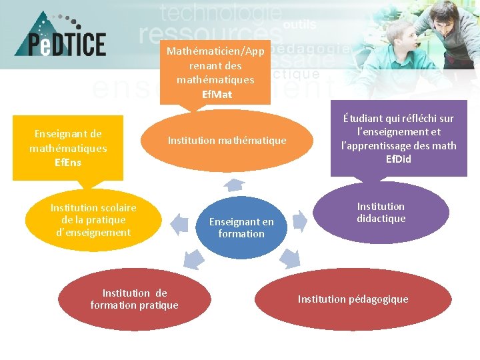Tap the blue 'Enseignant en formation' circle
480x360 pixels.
pyautogui.click(x=241, y=227)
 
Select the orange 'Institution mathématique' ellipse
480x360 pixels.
pyautogui.click(x=227, y=141)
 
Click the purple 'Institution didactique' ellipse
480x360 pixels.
pyautogui.click(x=381, y=213)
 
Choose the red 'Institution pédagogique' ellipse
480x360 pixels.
pyautogui.click(x=353, y=299)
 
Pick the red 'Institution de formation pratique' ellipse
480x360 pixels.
pyautogui.click(x=134, y=299)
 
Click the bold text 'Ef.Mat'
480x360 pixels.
pyautogui.click(x=217, y=94)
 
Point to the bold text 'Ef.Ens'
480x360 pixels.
pyautogui.click(x=67, y=162)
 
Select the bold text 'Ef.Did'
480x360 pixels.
pyautogui.click(x=399, y=159)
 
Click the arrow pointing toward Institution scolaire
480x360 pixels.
pyautogui.click(x=179, y=224)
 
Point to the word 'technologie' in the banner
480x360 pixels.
pyautogui.click(x=221, y=13)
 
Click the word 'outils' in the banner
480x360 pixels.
pyautogui.click(x=299, y=24)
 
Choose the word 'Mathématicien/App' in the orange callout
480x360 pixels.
pyautogui.click(x=215, y=51)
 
